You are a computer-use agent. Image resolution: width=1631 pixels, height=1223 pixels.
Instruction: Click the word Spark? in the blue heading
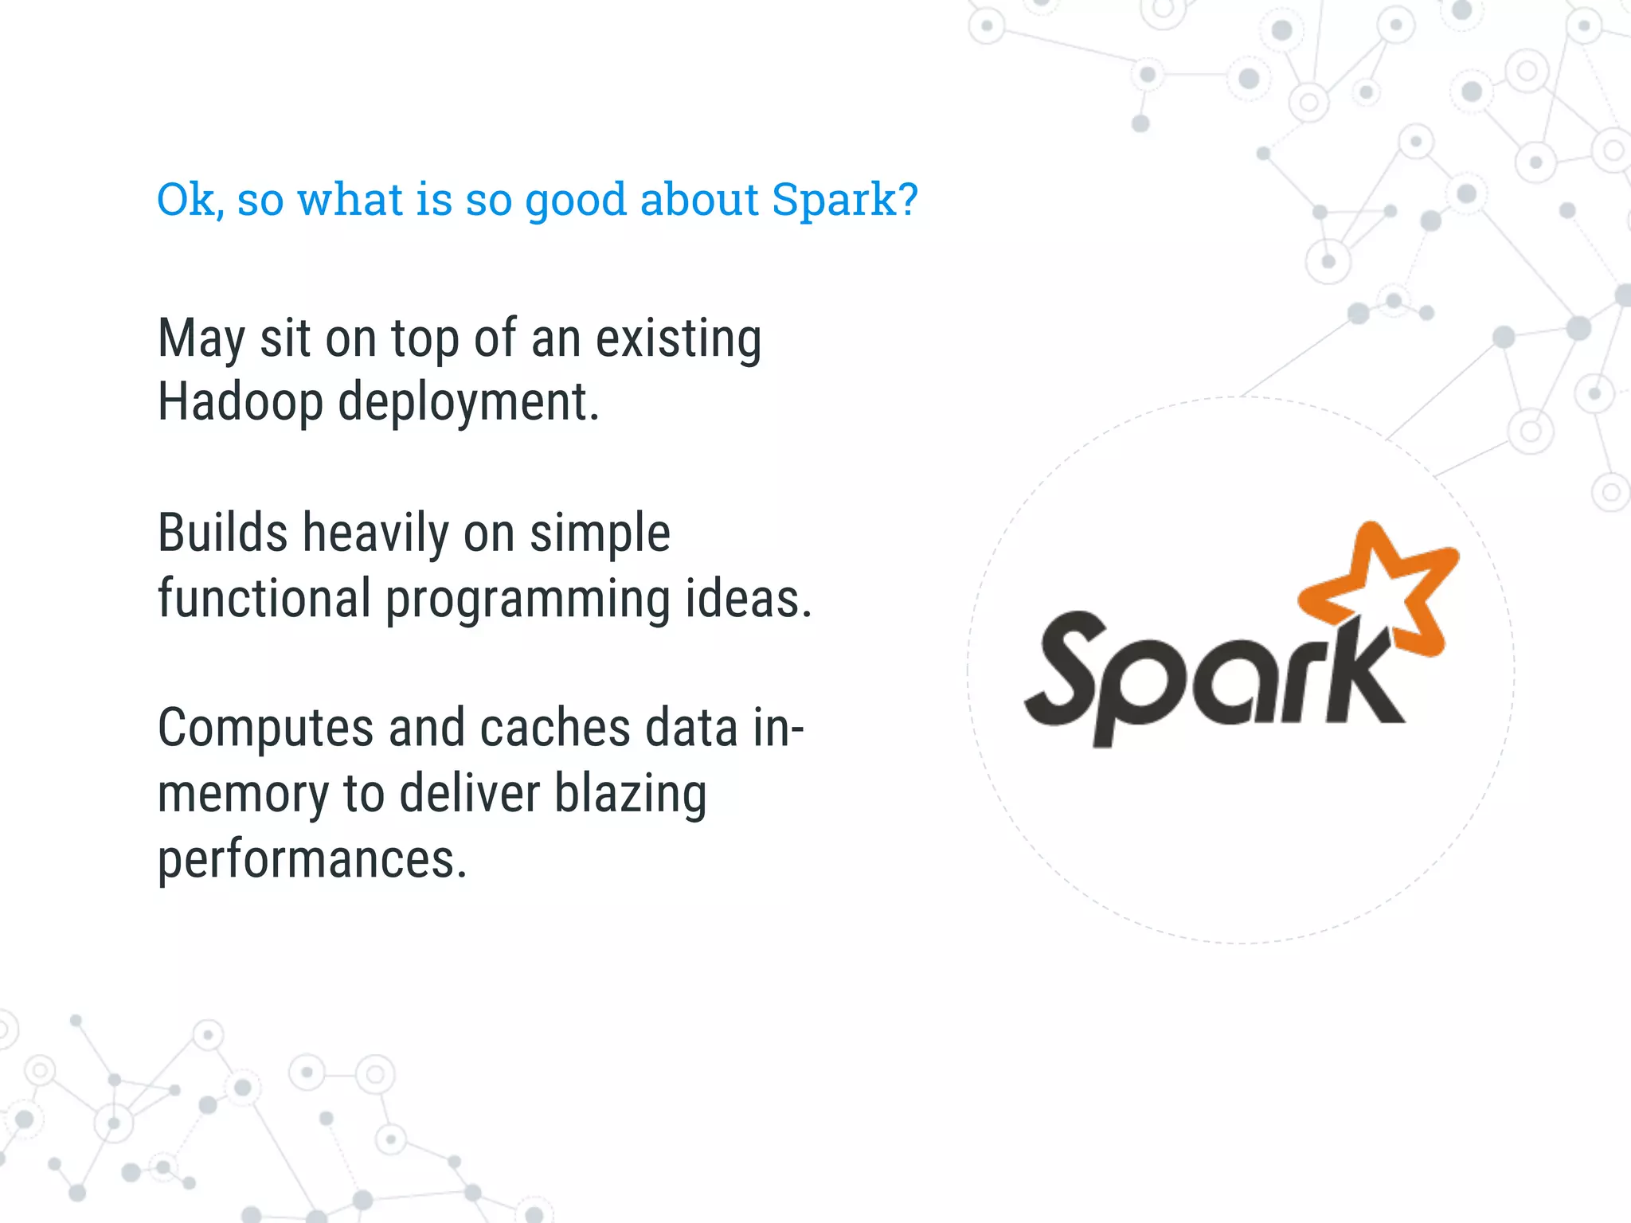[845, 199]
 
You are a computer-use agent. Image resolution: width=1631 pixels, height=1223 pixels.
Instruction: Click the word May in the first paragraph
[201, 339]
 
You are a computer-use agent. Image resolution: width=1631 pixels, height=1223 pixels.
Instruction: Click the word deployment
[468, 404]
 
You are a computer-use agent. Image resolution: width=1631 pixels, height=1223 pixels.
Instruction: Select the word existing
[679, 339]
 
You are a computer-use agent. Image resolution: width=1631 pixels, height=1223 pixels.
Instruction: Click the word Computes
[265, 729]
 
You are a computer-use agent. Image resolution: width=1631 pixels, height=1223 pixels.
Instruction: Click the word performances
[312, 860]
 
